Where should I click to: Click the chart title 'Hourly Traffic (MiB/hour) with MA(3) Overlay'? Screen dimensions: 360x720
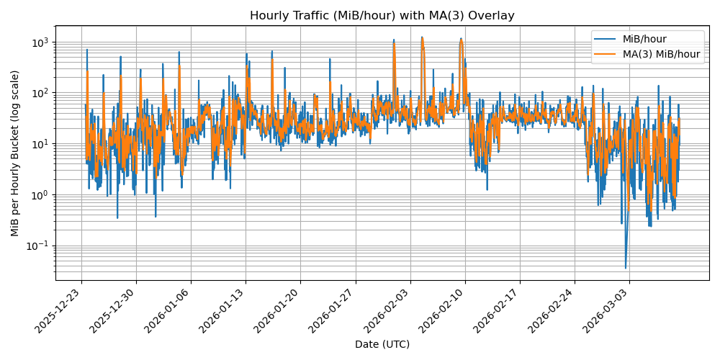tap(382, 15)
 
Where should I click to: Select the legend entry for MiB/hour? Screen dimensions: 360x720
tap(646, 40)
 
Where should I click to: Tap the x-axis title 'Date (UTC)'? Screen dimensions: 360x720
tap(382, 344)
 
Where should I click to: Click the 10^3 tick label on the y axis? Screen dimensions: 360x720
tap(39, 42)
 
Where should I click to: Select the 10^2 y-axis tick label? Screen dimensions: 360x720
tap(39, 93)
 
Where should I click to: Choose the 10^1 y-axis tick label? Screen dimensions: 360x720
tap(39, 144)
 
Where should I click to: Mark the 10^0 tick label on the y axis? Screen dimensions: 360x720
tap(39, 194)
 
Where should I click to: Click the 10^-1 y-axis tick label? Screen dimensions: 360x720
tap(37, 246)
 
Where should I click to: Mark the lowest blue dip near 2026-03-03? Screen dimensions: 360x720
tap(626, 267)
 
